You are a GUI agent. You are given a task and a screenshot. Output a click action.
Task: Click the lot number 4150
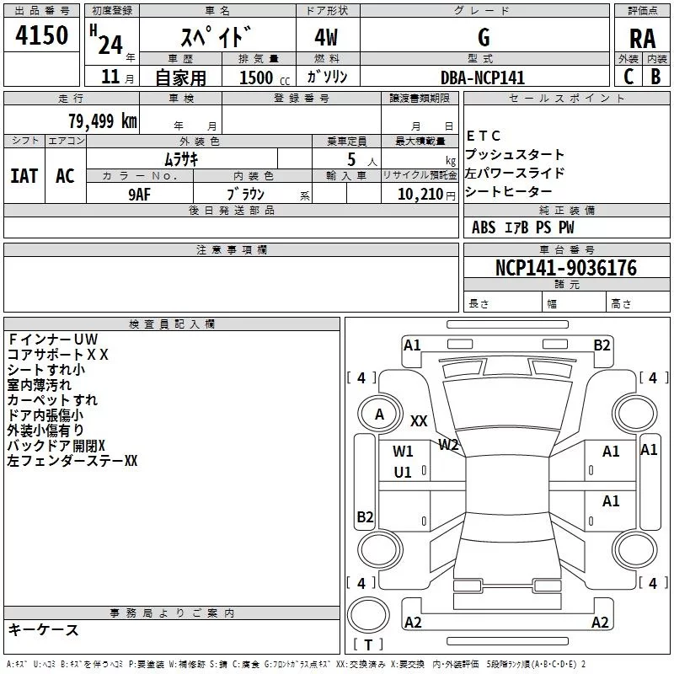click(41, 36)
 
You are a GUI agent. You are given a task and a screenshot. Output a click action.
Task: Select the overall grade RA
click(642, 38)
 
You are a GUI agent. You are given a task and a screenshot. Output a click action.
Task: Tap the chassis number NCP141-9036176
click(565, 268)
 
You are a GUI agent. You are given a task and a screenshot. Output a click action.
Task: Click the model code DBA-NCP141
click(482, 78)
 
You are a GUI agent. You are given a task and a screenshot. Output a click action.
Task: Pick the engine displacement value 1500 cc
click(260, 78)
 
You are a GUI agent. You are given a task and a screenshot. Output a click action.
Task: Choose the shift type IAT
click(24, 175)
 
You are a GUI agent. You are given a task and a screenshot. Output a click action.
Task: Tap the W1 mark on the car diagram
click(403, 451)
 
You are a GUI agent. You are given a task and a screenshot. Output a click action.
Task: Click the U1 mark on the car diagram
click(403, 472)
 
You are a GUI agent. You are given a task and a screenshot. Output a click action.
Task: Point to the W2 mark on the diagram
click(448, 444)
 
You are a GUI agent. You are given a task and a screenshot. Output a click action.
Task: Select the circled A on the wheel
click(379, 414)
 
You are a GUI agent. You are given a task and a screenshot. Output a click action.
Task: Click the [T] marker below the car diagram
click(368, 645)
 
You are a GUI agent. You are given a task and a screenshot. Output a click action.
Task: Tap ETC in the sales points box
click(484, 136)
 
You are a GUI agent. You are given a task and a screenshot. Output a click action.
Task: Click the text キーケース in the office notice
click(43, 629)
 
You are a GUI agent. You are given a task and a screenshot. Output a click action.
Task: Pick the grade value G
click(483, 38)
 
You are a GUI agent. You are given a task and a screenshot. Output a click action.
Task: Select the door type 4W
click(328, 38)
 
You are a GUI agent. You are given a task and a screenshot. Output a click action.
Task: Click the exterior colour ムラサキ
click(180, 158)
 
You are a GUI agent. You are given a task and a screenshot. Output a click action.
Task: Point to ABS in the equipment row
click(484, 227)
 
